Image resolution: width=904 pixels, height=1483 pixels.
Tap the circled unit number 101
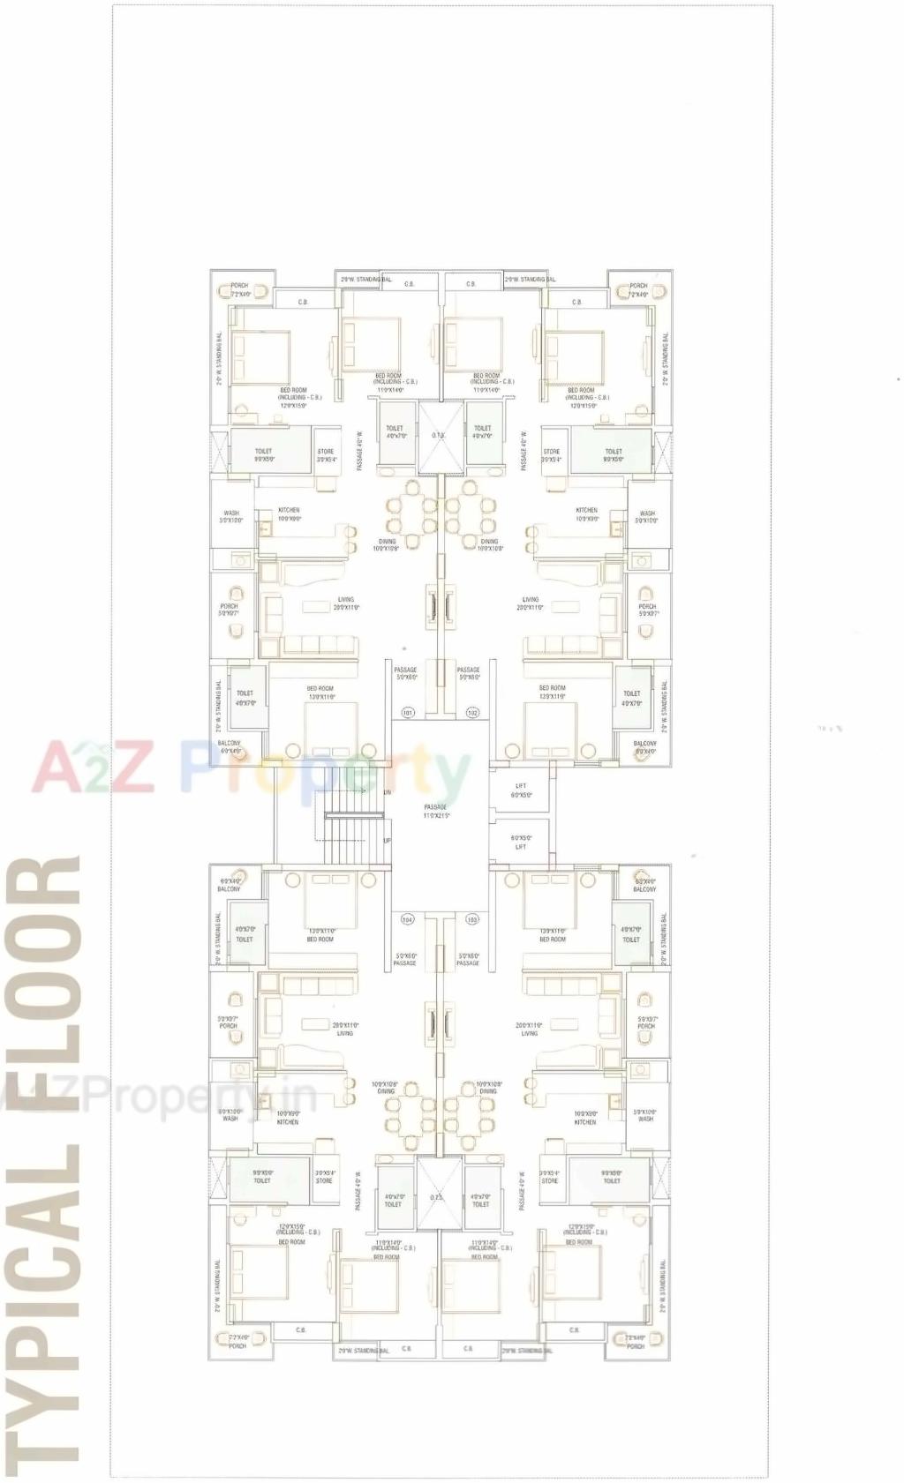(x=408, y=712)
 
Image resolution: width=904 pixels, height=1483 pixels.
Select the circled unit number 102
(x=472, y=712)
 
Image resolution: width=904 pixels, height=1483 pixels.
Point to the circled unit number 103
(x=472, y=919)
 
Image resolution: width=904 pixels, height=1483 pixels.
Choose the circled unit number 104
(x=408, y=919)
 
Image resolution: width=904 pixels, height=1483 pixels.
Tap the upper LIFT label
(x=522, y=790)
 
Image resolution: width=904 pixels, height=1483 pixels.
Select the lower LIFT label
(x=522, y=843)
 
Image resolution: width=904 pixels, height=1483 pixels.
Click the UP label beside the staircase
(x=387, y=841)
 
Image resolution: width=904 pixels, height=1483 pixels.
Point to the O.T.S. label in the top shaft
(x=438, y=435)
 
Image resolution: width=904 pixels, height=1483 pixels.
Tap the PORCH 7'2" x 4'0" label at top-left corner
(x=240, y=289)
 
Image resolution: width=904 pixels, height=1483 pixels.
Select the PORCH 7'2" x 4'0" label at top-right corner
(x=638, y=289)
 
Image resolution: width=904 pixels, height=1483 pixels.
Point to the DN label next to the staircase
(x=387, y=792)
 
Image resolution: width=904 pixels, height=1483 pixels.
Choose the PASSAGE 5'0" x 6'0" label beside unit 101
(x=406, y=673)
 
